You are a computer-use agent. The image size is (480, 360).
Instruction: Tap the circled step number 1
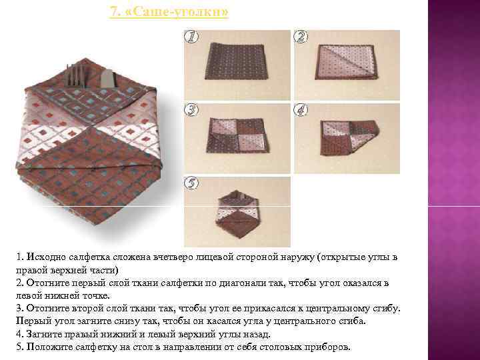point(191,37)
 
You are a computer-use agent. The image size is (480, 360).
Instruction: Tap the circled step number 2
point(301,37)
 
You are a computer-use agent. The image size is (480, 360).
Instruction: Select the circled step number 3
point(191,109)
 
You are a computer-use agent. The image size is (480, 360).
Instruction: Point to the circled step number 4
point(301,109)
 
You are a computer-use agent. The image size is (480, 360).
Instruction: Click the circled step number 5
point(191,183)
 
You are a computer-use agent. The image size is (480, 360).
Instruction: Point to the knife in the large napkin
point(107,77)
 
